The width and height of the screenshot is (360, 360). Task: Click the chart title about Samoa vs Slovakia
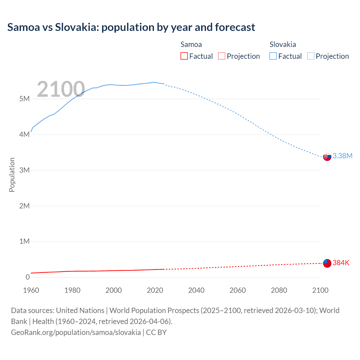coord(131,27)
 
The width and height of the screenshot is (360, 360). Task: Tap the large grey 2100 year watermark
coord(61,89)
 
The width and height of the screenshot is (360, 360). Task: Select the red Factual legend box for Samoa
coord(184,56)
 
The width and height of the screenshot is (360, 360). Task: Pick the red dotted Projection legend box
coord(222,56)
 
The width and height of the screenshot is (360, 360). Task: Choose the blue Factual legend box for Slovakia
coord(273,56)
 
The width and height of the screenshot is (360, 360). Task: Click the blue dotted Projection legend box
coord(311,56)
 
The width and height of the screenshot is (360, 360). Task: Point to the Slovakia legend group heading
coord(283,44)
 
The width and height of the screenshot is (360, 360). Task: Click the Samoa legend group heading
coord(191,44)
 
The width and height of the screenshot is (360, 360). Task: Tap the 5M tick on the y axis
coord(24,99)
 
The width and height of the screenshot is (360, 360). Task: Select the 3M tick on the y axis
coord(24,170)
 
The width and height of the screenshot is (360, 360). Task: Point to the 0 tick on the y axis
coord(28,277)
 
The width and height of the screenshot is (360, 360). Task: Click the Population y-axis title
coord(12,175)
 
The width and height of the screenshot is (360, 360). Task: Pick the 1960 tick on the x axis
coord(31,290)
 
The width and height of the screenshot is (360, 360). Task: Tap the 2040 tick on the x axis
coord(196,290)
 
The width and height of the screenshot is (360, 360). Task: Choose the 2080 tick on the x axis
coord(279,290)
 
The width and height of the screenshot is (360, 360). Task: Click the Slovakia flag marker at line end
coord(327,156)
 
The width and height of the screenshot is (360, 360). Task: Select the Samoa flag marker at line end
coord(327,263)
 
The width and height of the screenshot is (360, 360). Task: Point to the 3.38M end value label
coord(342,156)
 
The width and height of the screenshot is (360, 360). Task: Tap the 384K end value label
coord(341,263)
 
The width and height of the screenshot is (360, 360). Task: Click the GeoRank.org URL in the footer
coord(76,332)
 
